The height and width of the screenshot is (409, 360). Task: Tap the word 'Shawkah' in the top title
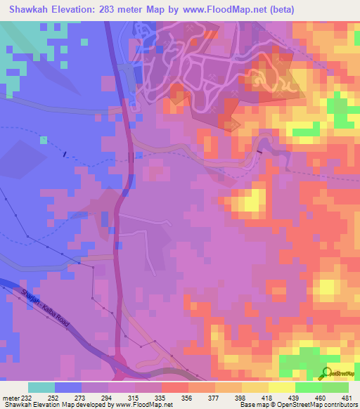[29, 9]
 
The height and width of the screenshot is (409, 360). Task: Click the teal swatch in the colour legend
[41, 387]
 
